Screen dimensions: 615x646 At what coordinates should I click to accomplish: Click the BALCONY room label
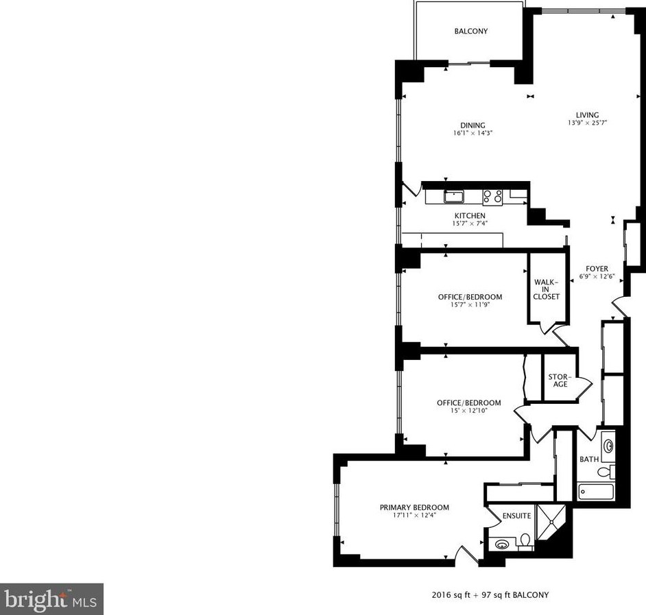[x=471, y=32]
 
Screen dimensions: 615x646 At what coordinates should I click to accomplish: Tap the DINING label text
[x=472, y=125]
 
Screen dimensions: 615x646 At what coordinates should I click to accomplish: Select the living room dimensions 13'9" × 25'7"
[x=588, y=123]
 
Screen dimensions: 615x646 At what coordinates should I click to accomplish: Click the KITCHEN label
[x=470, y=216]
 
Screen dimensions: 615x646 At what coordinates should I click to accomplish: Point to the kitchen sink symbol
[x=453, y=197]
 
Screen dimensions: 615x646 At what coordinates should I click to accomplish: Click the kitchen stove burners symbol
[x=492, y=197]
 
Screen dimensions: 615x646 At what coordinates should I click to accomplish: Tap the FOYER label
[x=597, y=269]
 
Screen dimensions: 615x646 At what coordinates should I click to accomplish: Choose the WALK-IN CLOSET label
[x=547, y=289]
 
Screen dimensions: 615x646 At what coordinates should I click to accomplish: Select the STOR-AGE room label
[x=560, y=380]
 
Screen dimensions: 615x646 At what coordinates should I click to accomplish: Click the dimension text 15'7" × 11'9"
[x=470, y=305]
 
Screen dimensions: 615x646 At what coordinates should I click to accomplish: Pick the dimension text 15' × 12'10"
[x=468, y=411]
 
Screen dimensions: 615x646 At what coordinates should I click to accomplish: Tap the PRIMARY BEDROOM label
[x=414, y=507]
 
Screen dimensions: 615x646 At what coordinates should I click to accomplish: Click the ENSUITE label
[x=516, y=516]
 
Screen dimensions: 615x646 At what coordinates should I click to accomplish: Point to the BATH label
[x=588, y=459]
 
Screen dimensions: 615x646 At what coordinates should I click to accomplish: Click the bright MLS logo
[x=52, y=599]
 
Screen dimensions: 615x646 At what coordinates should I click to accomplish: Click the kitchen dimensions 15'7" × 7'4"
[x=470, y=224]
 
